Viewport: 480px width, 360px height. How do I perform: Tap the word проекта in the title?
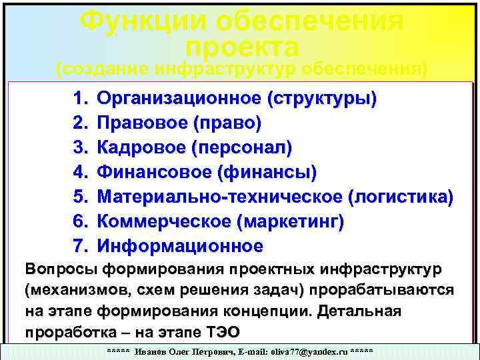[x=242, y=47]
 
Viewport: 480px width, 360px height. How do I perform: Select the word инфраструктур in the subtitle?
[x=225, y=69]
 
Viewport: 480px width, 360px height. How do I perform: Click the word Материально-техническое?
[x=219, y=197]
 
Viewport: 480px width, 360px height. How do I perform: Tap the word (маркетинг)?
[x=291, y=221]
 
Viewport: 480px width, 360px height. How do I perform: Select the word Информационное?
[x=180, y=246]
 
